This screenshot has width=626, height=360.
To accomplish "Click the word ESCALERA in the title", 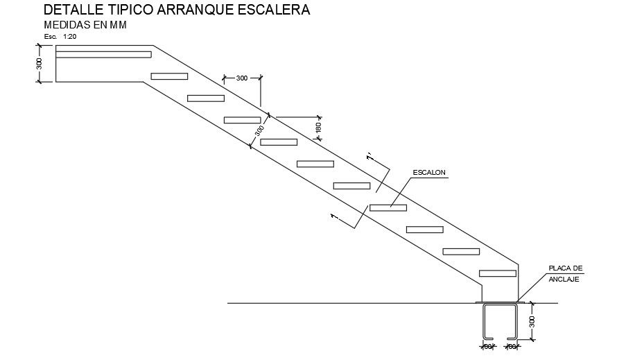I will [x=267, y=10].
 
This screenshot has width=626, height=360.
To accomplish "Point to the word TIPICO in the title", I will [x=126, y=10].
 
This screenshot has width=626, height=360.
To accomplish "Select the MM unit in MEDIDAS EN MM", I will [x=118, y=25].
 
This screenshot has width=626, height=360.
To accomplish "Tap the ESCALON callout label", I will [x=428, y=171].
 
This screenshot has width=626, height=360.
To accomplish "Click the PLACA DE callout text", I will [x=565, y=268].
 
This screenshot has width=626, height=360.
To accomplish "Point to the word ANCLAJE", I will [x=564, y=279].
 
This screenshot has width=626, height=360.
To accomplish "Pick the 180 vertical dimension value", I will [x=318, y=128].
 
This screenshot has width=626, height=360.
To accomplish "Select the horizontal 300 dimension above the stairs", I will [x=241, y=78].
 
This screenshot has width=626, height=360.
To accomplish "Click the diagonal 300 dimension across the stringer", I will [x=259, y=130].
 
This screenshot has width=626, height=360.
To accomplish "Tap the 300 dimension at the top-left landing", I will [x=40, y=64].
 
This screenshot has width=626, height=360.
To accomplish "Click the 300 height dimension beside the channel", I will [x=532, y=322].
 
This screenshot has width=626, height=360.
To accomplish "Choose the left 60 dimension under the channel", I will [x=487, y=345].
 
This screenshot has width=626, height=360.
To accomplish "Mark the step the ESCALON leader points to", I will [x=388, y=207].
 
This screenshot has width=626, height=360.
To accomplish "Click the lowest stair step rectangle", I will [x=497, y=273].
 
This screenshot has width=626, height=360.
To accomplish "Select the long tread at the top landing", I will [x=103, y=54].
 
